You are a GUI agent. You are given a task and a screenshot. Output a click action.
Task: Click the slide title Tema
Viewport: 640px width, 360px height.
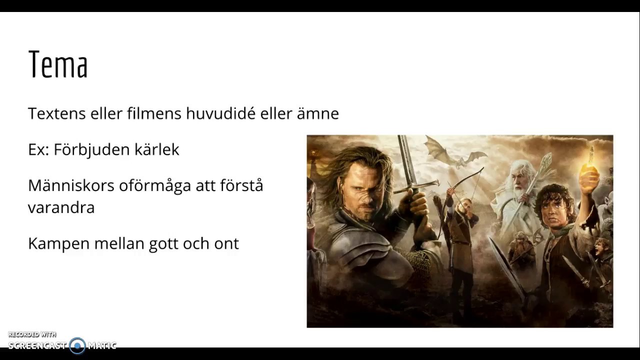pyautogui.click(x=58, y=64)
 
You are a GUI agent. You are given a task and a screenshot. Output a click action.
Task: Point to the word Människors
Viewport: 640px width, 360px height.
pyautogui.click(x=71, y=185)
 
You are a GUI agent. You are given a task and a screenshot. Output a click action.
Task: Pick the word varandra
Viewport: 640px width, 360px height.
pyautogui.click(x=61, y=207)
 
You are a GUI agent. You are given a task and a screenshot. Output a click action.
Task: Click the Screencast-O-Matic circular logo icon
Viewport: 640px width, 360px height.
pyautogui.click(x=77, y=345)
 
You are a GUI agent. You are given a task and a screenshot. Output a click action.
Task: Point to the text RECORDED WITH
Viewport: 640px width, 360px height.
pyautogui.click(x=32, y=334)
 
